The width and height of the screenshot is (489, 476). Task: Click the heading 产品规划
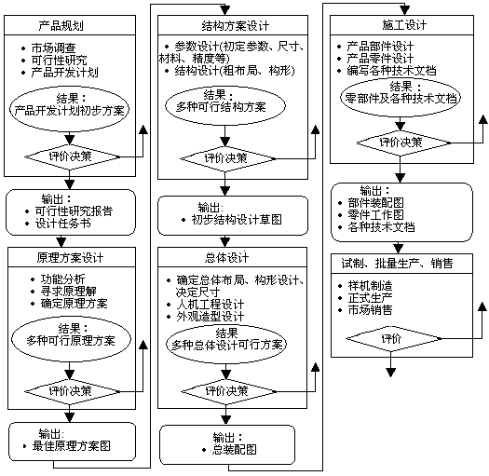[61, 25]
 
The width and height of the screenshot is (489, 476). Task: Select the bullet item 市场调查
[53, 48]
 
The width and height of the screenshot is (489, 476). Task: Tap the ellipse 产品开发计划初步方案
[70, 109]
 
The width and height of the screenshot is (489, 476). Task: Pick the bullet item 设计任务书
[62, 224]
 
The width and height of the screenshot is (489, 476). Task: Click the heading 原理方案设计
[70, 258]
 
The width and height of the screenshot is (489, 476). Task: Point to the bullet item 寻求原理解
[68, 291]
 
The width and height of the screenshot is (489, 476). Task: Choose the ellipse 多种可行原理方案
[71, 339]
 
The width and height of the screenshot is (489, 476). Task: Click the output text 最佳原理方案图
[71, 446]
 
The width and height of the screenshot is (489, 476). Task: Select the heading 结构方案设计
[235, 26]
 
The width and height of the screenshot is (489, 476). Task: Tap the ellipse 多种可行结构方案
[225, 105]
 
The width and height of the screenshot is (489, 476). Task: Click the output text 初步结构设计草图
[237, 220]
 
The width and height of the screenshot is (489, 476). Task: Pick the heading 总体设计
[226, 258]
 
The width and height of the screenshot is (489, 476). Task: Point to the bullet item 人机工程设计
[210, 304]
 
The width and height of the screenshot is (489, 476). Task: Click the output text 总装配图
[234, 450]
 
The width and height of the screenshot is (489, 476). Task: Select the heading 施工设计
[404, 25]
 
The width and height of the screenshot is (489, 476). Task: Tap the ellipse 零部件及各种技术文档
[401, 97]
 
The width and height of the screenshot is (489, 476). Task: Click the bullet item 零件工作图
[375, 214]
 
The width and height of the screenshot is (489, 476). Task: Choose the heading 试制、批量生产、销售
[397, 264]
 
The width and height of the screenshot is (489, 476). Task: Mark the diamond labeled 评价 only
[394, 338]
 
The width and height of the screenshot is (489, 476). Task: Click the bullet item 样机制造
[370, 285]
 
